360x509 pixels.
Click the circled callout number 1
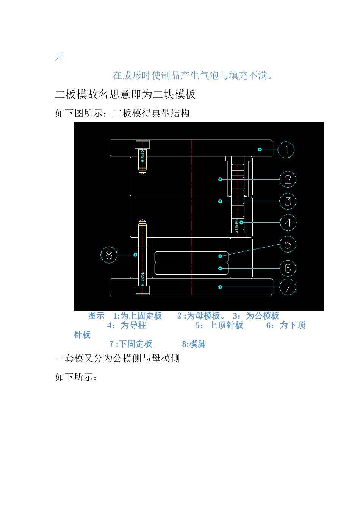tap(286, 150)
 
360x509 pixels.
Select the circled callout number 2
tap(288, 180)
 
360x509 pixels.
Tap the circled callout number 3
tap(288, 201)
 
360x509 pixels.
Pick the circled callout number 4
tap(288, 223)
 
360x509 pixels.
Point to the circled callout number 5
tap(288, 244)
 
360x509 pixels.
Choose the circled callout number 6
tap(288, 269)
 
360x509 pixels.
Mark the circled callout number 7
tap(288, 287)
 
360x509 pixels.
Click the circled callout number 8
tap(109, 255)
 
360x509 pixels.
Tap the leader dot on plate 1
tap(260, 150)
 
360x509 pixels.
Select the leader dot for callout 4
tap(241, 223)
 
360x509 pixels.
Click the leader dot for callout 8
tap(135, 255)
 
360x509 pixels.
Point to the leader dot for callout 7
tap(220, 287)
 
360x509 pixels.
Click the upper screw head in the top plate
tap(142, 144)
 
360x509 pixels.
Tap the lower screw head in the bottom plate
tap(142, 290)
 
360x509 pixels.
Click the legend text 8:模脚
tap(194, 344)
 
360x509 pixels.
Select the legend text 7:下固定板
tap(131, 344)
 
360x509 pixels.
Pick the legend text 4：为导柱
tap(127, 325)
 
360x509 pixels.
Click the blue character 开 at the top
tap(59, 57)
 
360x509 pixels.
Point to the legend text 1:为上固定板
tap(138, 316)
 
